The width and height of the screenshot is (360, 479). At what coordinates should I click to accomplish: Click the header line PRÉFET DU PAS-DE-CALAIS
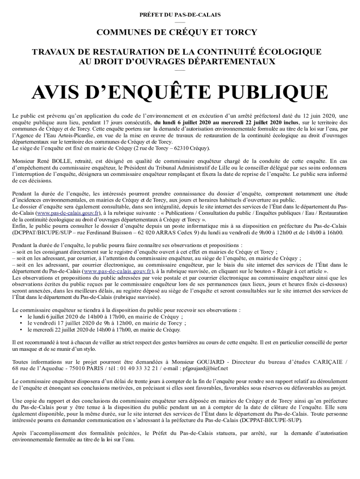180,15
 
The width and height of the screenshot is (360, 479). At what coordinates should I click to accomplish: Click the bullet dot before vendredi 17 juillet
22,323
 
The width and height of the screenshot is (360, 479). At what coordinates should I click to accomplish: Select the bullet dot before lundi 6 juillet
22,316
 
